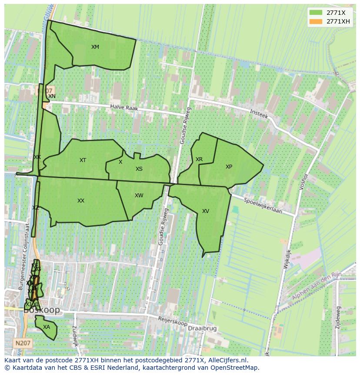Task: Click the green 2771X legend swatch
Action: pos(316,13)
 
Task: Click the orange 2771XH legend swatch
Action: pos(316,21)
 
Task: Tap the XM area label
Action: pos(95,47)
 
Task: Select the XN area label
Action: pos(52,96)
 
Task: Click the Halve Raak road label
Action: pos(123,107)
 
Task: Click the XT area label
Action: pos(83,160)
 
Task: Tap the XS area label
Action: pos(139,169)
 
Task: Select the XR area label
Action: pos(199,159)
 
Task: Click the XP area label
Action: pos(229,167)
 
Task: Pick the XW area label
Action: pos(139,196)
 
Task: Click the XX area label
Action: pos(80,201)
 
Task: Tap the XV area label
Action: pos(205,211)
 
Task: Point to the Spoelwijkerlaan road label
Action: pos(263,206)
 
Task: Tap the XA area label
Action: pos(47,327)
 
